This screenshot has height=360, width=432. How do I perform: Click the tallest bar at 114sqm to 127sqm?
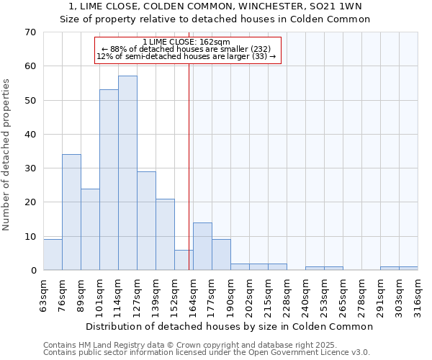(127, 173)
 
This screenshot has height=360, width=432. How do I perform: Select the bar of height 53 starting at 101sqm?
(109, 180)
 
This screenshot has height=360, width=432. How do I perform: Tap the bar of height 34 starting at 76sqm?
(71, 212)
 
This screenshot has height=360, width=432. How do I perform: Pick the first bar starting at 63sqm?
(53, 255)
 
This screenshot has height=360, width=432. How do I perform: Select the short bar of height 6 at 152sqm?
(184, 260)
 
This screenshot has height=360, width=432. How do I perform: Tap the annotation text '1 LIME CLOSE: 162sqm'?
(186, 42)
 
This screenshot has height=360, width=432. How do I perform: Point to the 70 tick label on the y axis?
(30, 32)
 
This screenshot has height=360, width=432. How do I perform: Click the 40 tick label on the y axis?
(30, 135)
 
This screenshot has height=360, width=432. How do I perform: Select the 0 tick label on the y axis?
(32, 271)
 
